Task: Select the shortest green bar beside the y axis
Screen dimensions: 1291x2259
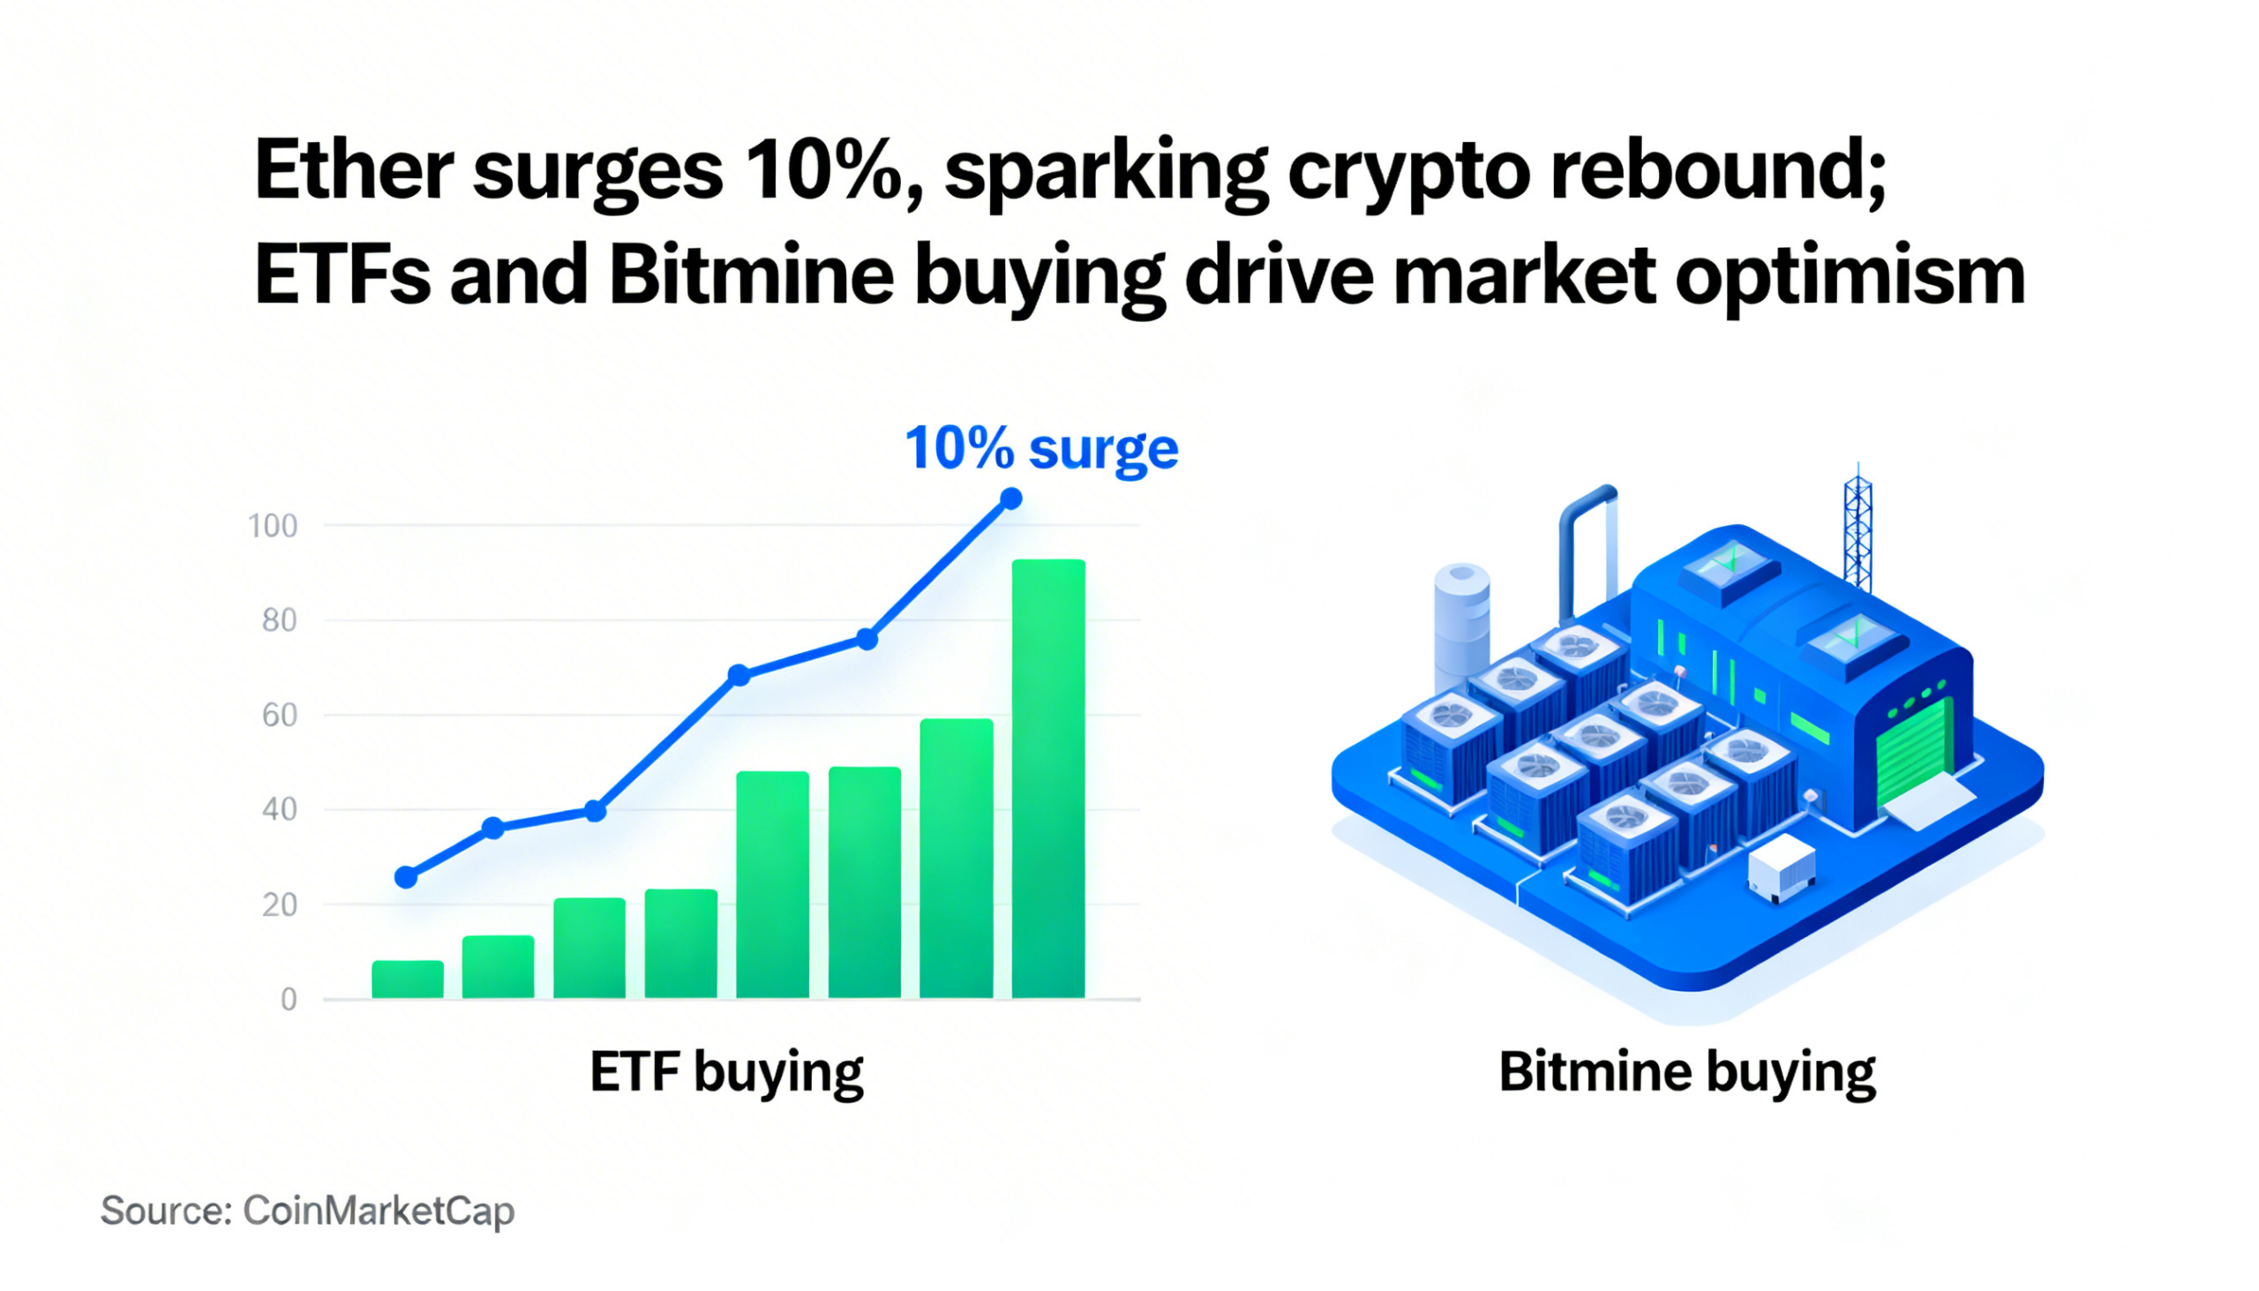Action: point(407,979)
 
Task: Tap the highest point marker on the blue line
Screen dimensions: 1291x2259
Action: point(1010,499)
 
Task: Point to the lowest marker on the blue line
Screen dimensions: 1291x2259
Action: point(406,877)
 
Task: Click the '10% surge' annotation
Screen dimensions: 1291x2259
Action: point(1041,448)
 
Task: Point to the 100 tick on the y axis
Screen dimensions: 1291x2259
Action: point(272,526)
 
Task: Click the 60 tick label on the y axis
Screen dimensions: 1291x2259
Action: point(279,715)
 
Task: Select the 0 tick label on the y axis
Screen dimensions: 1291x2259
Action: point(289,999)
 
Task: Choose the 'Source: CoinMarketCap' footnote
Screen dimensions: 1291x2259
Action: point(307,1211)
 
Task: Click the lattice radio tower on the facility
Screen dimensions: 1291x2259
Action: point(1857,532)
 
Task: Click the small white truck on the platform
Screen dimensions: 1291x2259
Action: point(1780,867)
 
